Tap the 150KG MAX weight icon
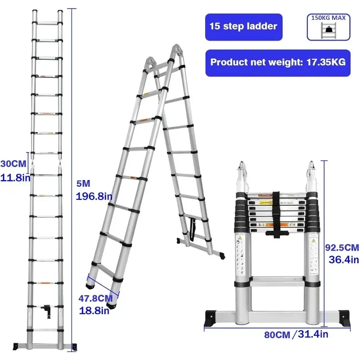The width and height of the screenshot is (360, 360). (x=328, y=27)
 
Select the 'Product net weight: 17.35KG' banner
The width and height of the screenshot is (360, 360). (x=278, y=63)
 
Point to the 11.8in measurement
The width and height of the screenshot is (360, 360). (x=15, y=177)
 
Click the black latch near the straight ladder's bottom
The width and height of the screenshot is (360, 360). (x=45, y=310)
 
